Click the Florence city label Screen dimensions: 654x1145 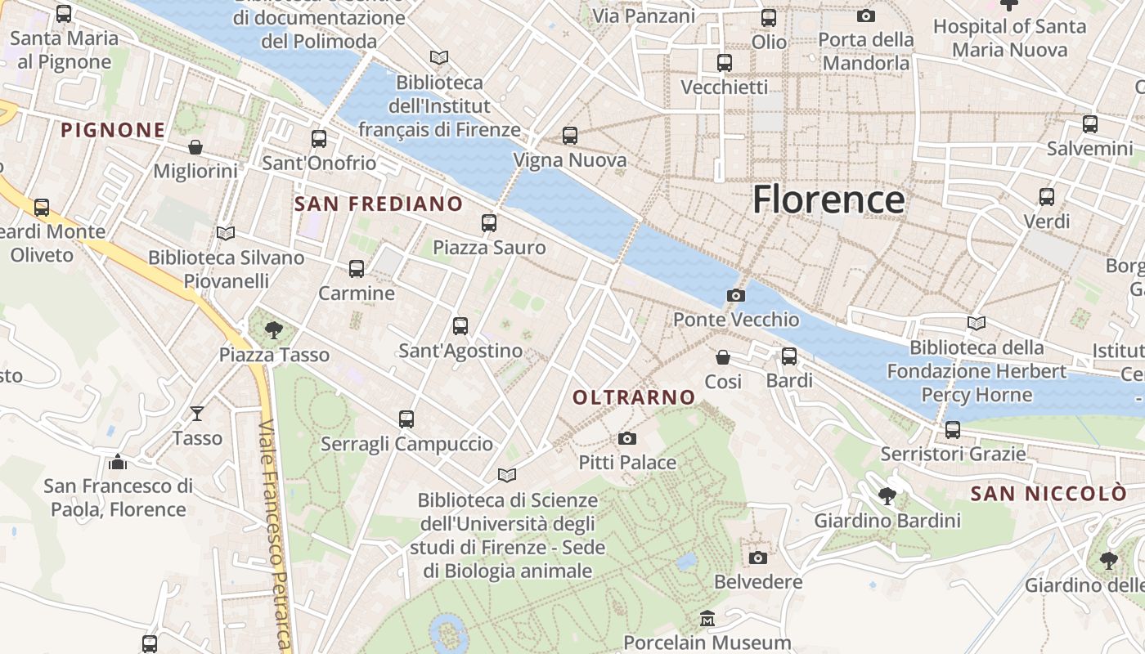828,199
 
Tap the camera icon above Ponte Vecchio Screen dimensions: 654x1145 735,295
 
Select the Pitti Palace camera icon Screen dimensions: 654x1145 627,438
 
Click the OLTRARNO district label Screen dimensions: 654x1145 634,398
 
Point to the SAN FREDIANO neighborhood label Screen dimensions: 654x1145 379,204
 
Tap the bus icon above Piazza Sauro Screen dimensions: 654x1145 489,222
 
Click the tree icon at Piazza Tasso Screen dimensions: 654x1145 274,330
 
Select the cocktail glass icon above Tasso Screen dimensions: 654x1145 197,414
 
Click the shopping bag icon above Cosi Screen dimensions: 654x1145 723,357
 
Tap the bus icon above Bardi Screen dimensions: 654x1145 789,356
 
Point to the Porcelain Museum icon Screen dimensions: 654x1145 707,619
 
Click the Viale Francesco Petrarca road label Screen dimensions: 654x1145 276,535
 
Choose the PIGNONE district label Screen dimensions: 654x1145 113,130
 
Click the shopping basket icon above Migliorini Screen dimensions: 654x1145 195,147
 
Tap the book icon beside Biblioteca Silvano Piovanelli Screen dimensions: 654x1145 226,234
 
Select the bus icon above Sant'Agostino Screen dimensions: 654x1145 460,326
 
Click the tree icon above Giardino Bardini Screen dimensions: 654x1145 887,496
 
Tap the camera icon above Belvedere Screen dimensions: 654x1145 758,558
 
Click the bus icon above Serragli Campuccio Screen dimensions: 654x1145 406,419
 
